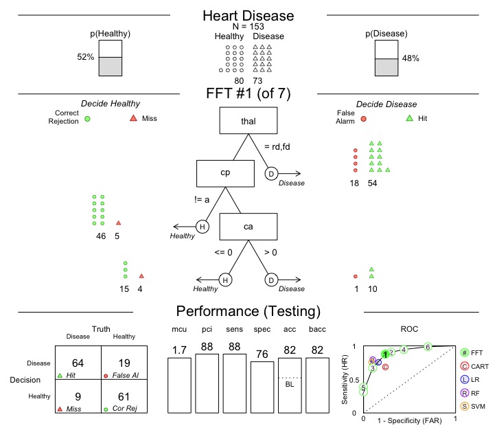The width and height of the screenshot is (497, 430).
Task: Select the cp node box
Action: coord(225,173)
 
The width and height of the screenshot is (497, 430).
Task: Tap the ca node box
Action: coord(248,227)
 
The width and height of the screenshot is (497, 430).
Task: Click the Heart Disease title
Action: coord(248,16)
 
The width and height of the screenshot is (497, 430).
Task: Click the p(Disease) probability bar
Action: coord(386,58)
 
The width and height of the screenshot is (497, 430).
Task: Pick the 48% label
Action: coord(411,58)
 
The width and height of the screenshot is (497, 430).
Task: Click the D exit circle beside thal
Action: coord(272,174)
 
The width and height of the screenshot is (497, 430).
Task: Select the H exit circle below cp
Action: coord(203,227)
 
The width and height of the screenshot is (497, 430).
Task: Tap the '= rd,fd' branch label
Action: coord(279,145)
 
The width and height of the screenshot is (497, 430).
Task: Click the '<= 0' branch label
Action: coord(224,251)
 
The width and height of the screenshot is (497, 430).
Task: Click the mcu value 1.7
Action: coord(180,350)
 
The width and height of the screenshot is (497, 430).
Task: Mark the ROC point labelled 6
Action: coord(427,347)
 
